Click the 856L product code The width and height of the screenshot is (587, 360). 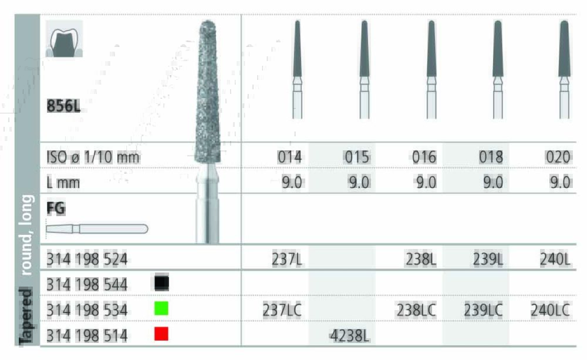pos(63,106)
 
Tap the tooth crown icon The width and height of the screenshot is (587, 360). pos(64,39)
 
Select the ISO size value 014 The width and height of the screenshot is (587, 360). pos(289,157)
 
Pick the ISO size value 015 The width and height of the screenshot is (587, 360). pos(357,157)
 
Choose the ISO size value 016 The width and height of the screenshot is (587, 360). pos(424,157)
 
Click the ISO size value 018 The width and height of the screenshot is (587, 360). pos(491,157)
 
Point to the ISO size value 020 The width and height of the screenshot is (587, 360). pos(558,157)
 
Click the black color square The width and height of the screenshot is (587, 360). pos(161,283)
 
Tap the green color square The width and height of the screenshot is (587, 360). pos(161,308)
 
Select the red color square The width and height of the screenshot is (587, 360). pos(161,334)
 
